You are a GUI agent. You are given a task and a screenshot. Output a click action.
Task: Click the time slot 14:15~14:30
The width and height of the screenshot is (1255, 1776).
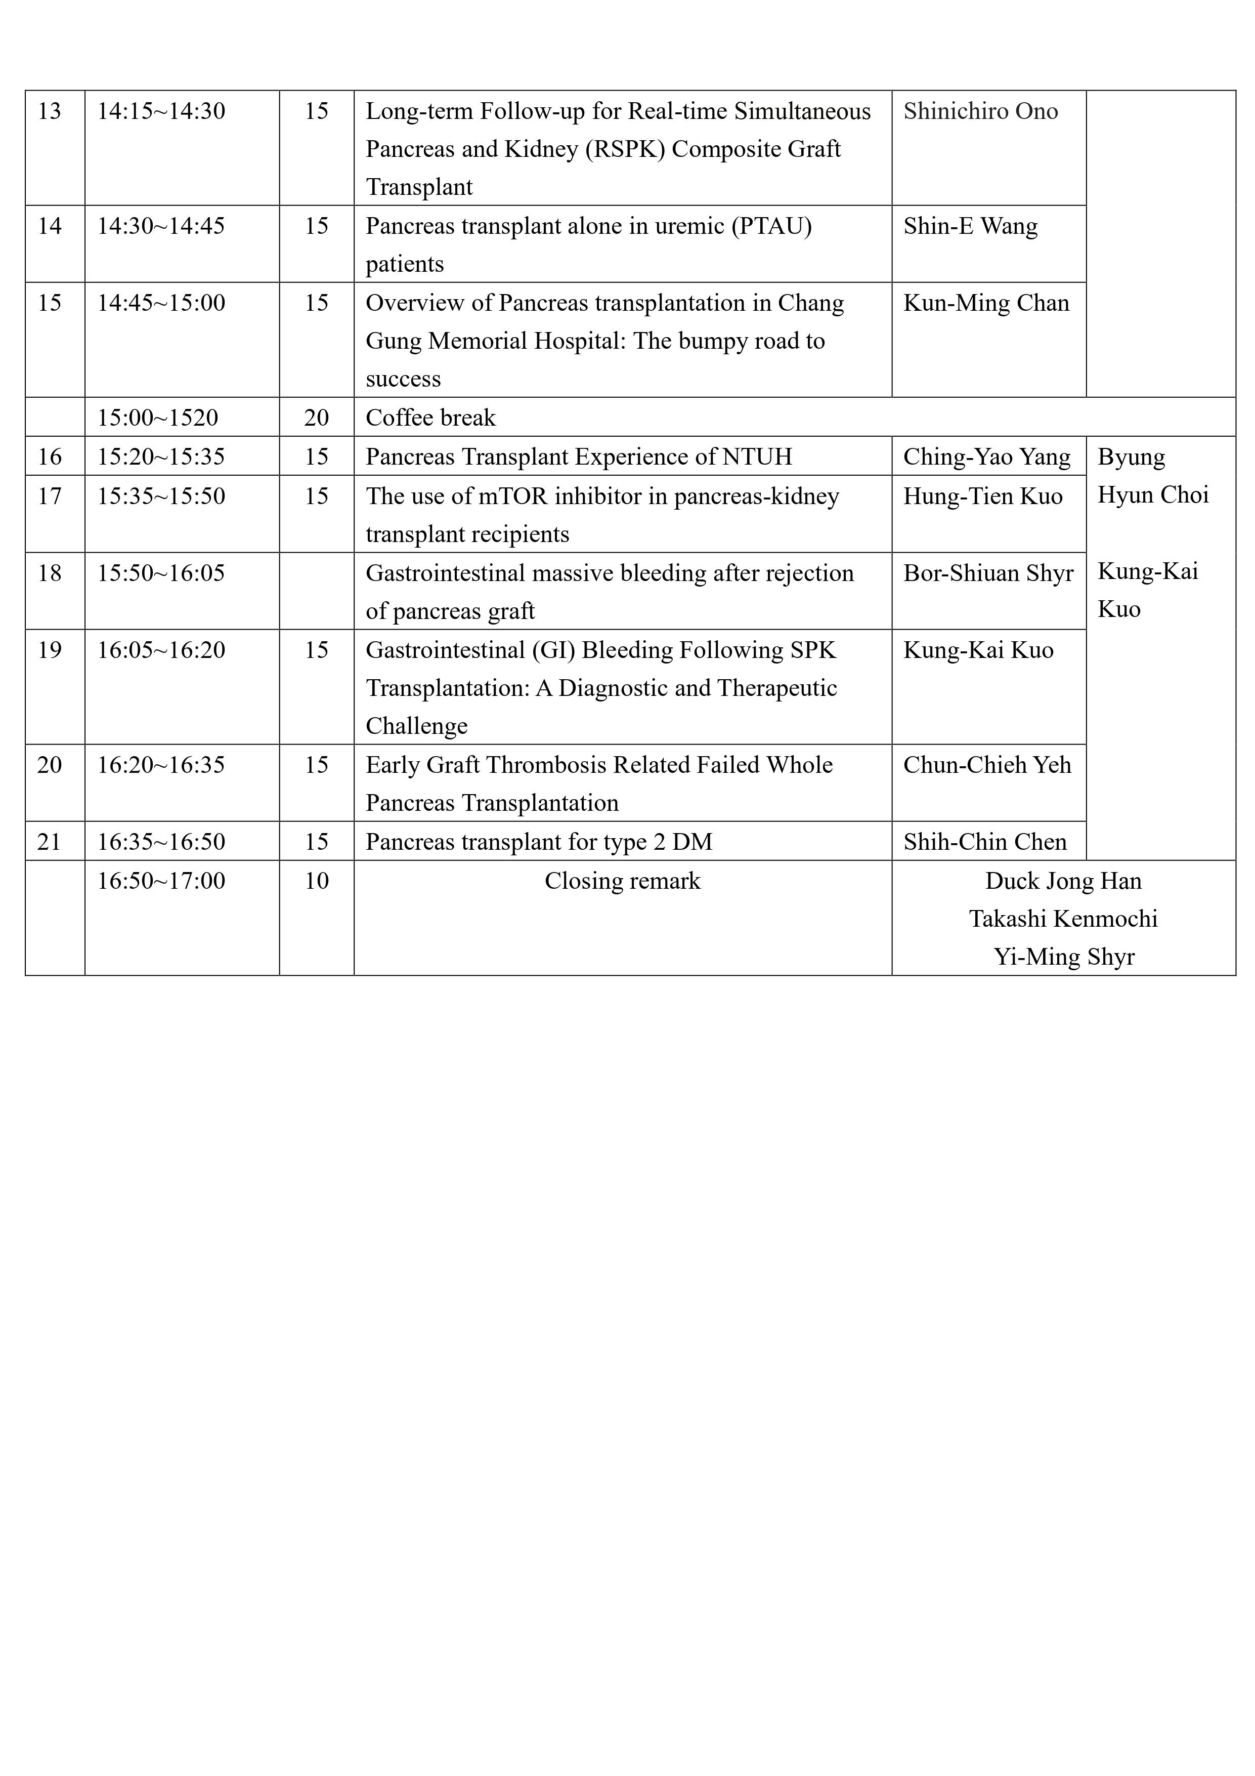pos(161,111)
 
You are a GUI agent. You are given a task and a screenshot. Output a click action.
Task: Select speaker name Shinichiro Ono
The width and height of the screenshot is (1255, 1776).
pos(980,111)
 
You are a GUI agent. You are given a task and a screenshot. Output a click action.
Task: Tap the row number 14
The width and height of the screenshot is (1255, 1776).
pos(50,226)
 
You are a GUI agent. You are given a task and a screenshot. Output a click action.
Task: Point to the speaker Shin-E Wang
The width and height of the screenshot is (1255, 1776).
pos(970,226)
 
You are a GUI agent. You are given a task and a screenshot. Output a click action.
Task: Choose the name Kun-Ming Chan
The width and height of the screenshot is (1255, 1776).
pos(986,303)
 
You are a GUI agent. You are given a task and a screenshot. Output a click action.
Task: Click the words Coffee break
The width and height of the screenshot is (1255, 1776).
pos(430,418)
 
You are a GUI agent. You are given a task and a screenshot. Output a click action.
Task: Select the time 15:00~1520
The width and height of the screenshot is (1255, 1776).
pos(158,418)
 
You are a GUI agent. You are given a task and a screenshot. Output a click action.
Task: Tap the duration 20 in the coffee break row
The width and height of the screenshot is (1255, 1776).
pos(316,418)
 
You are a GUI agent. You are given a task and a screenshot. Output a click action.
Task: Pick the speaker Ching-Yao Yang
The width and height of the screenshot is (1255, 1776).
pos(987,457)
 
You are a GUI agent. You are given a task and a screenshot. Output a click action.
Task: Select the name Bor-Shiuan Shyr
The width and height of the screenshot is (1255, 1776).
pos(988,573)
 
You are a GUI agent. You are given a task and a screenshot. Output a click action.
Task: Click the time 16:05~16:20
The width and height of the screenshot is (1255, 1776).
pos(161,650)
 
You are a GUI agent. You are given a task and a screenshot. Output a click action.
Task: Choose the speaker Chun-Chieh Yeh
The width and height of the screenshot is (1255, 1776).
pos(987,765)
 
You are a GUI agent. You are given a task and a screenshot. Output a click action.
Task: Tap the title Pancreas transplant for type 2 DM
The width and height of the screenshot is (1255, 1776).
pos(538,842)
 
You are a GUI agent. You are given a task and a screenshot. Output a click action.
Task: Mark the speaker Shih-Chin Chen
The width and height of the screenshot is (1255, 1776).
pos(984,842)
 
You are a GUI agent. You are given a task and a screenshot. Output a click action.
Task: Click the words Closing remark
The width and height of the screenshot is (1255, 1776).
pos(623,881)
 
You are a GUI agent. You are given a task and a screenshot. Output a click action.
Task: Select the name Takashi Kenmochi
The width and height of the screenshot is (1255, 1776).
pos(1063,919)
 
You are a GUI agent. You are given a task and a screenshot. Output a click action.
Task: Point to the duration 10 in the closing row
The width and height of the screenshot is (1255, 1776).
pos(316,881)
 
